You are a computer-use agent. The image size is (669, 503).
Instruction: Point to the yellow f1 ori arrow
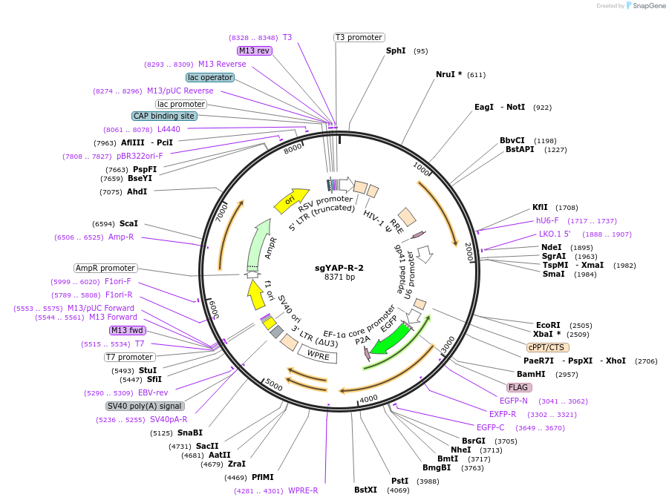click(x=256, y=295)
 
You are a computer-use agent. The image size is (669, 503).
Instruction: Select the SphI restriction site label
click(x=396, y=51)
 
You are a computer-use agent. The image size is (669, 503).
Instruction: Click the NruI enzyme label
click(x=448, y=75)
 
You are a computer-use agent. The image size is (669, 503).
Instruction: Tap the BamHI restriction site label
click(x=531, y=374)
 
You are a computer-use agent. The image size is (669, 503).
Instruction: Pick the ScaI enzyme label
click(x=128, y=223)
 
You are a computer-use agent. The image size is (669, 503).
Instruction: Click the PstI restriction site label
click(x=399, y=481)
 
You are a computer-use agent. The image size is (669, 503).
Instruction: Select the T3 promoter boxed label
click(x=359, y=37)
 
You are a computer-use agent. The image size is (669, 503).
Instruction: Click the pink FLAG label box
click(x=519, y=387)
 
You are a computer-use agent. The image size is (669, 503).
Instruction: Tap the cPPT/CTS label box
click(x=548, y=347)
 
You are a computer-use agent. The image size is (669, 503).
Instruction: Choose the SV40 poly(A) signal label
click(x=145, y=406)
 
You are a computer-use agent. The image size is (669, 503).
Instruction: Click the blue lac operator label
click(x=210, y=77)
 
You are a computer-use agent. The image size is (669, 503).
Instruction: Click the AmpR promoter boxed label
click(x=105, y=268)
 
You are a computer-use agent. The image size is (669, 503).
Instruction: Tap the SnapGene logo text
click(x=647, y=6)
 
